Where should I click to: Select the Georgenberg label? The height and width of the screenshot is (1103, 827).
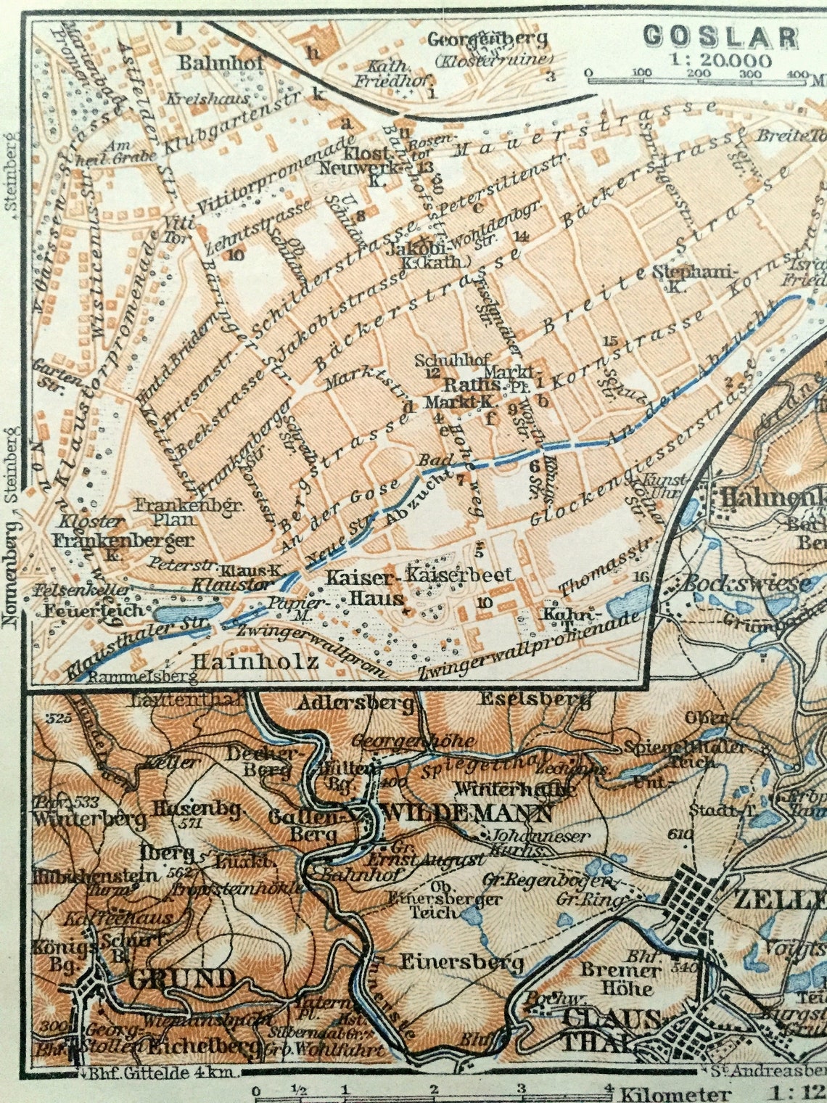[x=487, y=38]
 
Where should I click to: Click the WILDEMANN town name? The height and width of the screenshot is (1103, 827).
[x=467, y=813]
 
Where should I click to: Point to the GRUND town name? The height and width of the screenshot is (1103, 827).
[x=181, y=980]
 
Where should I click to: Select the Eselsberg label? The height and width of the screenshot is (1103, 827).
[x=533, y=700]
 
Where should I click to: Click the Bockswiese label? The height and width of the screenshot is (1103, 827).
[x=747, y=583]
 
